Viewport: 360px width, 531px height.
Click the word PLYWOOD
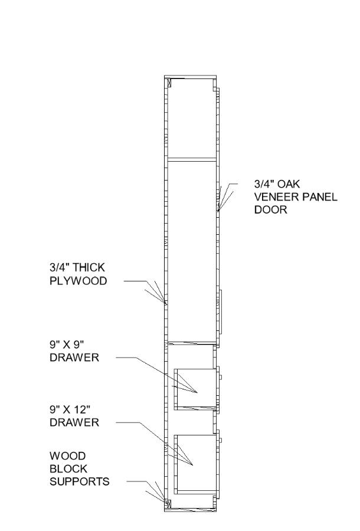point(78,281)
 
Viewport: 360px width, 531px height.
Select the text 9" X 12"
point(71,409)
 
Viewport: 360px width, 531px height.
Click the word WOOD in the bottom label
point(68,456)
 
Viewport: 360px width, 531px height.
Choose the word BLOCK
point(68,468)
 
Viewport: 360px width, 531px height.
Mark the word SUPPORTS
point(79,481)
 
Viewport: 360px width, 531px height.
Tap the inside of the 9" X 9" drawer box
point(198,386)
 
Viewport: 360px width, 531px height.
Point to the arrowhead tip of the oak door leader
point(217,211)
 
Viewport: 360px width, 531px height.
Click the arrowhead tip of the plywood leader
point(166,303)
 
